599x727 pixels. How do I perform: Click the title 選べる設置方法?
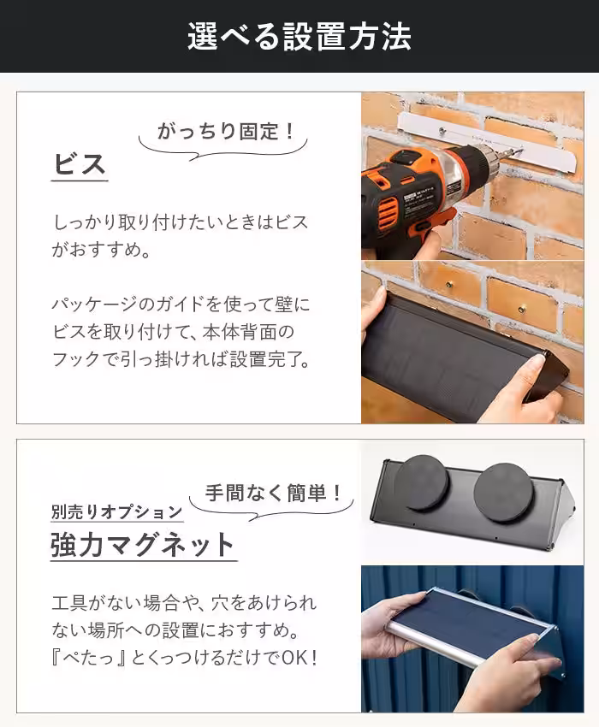pos(299,37)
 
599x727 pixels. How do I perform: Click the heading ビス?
pos(80,163)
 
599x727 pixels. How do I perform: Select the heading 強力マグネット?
pos(142,544)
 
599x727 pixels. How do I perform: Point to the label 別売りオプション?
pos(116,511)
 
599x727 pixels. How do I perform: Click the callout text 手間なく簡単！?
pos(275,494)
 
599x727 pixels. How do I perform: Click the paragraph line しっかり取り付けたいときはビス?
pos(180,222)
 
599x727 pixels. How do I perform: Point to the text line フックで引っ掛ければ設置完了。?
pos(180,358)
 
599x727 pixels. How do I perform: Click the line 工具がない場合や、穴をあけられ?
pos(183,603)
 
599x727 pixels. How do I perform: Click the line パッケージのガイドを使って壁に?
pos(180,304)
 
